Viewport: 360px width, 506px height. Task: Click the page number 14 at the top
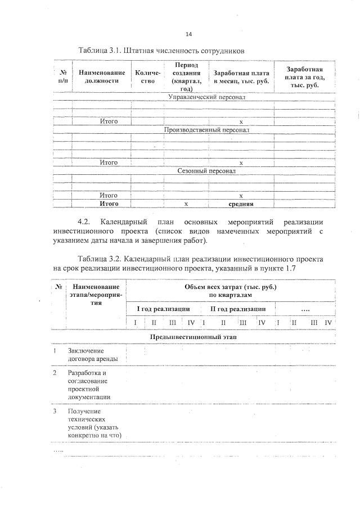181,34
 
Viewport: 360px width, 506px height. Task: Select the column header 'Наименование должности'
102,76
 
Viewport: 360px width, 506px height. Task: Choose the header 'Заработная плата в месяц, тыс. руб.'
241,77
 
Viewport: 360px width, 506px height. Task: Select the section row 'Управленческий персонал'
206,97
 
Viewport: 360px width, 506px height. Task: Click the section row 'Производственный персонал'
206,130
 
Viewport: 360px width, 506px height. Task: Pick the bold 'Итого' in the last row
109,204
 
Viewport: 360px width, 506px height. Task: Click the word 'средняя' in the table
241,204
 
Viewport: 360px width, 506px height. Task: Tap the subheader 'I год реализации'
163,309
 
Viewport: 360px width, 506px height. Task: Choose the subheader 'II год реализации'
238,309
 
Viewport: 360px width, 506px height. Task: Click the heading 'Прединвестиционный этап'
193,336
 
